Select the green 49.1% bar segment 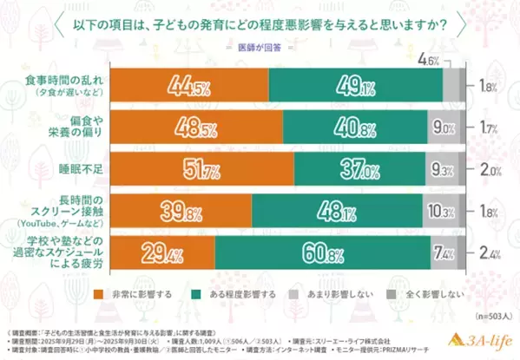coord(356,86)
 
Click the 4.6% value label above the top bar coord(451,60)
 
